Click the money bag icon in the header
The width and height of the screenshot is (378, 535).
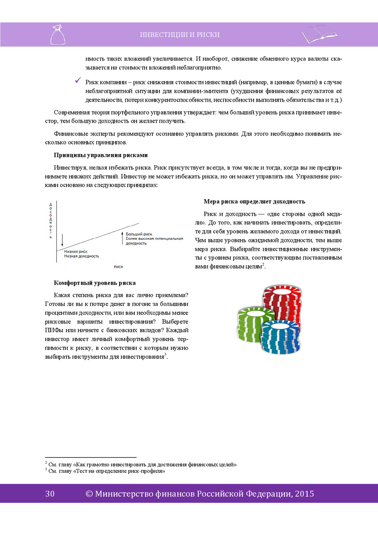point(58,35)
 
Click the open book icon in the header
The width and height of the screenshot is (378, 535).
point(319,34)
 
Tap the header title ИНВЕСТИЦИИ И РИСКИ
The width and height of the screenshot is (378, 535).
point(180,35)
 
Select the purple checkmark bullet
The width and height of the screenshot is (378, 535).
point(78,80)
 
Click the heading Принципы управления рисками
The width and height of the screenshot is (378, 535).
point(101,155)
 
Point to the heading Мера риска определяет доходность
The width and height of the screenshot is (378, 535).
point(254,201)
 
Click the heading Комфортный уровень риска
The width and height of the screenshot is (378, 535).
point(95,283)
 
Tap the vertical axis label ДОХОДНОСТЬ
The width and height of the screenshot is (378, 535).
point(51,221)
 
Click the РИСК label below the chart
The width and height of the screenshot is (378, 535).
point(118,267)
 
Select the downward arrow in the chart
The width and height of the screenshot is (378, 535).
point(62,240)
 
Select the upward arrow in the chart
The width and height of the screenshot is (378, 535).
point(122,238)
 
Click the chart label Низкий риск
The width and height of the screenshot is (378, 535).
point(76,252)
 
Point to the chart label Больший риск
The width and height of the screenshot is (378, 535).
point(139,234)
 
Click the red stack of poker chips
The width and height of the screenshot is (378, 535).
point(282,303)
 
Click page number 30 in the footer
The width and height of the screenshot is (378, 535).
point(50,494)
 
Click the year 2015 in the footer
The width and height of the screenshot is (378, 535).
point(305,494)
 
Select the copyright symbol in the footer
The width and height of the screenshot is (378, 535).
point(89,494)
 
